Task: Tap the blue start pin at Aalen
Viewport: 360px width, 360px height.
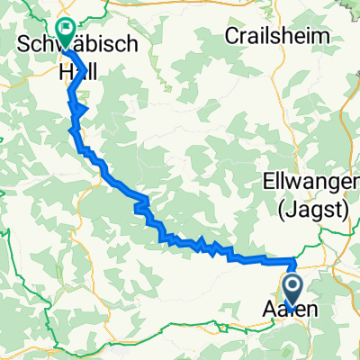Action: [293, 290]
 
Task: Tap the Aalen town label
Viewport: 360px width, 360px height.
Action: [292, 310]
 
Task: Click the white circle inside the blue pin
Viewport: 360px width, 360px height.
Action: [293, 287]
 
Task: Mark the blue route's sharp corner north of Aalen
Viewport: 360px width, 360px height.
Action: [293, 261]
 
